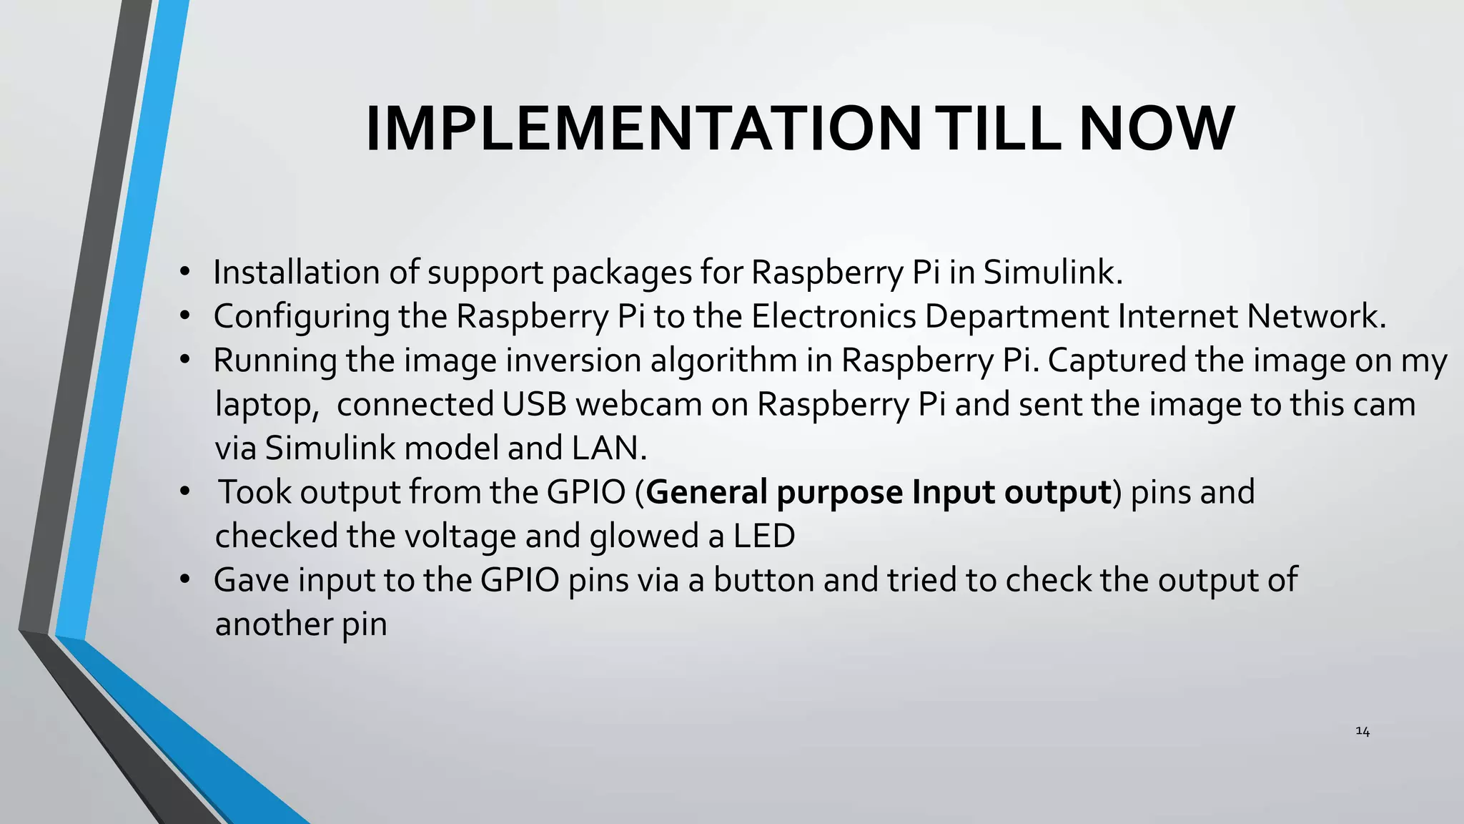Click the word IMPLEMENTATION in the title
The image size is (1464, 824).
click(643, 129)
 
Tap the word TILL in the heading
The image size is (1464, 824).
click(999, 129)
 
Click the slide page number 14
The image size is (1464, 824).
click(1362, 731)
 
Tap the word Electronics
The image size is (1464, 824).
click(833, 316)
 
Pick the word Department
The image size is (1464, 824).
click(1016, 317)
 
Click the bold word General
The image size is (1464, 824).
click(706, 492)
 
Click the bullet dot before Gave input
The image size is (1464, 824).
click(185, 579)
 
